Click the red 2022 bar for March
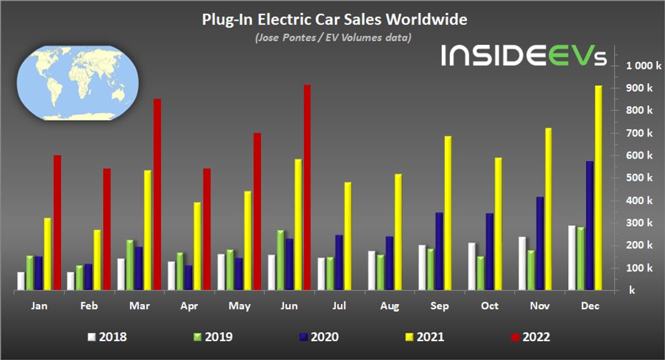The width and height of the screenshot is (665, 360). pyautogui.click(x=157, y=195)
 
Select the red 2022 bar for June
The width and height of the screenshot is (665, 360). pyautogui.click(x=307, y=188)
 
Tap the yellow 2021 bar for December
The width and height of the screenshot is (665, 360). pyautogui.click(x=599, y=188)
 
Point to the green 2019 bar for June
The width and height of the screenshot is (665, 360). pyautogui.click(x=281, y=260)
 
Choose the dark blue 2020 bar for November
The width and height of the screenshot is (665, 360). pyautogui.click(x=540, y=243)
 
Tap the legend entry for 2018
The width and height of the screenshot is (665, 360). pyautogui.click(x=108, y=337)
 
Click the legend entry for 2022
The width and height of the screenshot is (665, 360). pyautogui.click(x=530, y=337)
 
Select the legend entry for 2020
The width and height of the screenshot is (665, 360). pyautogui.click(x=319, y=337)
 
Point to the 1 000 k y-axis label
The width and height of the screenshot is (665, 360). pyautogui.click(x=643, y=66)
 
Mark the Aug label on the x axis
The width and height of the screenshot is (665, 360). pyautogui.click(x=389, y=305)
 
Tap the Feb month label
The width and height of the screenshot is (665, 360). pyautogui.click(x=89, y=305)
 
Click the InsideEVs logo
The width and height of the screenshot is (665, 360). pyautogui.click(x=523, y=56)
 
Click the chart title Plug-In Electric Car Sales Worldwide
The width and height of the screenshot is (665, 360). pyautogui.click(x=334, y=20)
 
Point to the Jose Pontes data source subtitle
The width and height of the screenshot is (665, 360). pyautogui.click(x=332, y=38)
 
